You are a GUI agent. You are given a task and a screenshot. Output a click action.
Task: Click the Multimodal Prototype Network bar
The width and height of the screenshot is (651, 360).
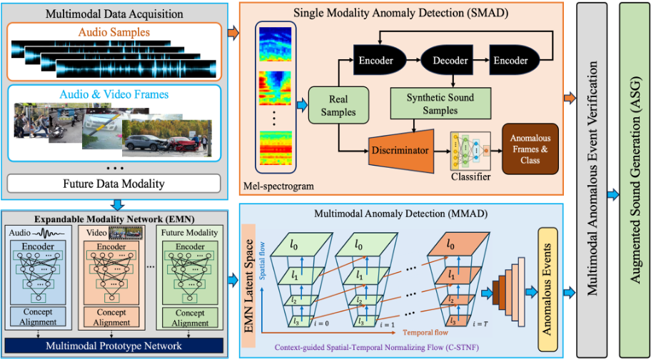pyautogui.click(x=114, y=346)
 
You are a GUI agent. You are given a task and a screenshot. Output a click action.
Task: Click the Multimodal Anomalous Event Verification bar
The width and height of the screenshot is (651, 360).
pyautogui.click(x=594, y=179)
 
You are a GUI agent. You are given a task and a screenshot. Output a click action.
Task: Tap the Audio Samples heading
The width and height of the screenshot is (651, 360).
pyautogui.click(x=114, y=32)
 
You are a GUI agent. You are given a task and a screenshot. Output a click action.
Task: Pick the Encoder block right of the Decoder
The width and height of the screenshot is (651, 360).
pyautogui.click(x=511, y=61)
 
